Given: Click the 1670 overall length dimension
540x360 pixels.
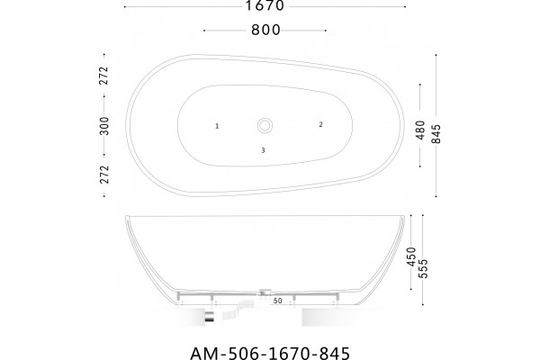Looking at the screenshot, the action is coord(265,5).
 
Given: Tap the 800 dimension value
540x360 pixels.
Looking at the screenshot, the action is coord(265,30).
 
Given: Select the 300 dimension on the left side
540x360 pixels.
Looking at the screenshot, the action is coord(104,126).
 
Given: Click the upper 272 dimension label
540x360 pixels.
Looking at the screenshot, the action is coord(104,76).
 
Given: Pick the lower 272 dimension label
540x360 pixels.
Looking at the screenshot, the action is coord(104,175).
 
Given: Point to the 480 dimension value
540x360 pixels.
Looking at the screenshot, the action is coord(420,130).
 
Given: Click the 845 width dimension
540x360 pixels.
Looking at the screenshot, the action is coord(436,134).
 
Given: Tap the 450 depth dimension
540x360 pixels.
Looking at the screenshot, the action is coord(411,256).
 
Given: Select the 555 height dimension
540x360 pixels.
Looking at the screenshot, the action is coord(423,268).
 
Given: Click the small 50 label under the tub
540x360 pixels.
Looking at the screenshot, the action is coord(277,301).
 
